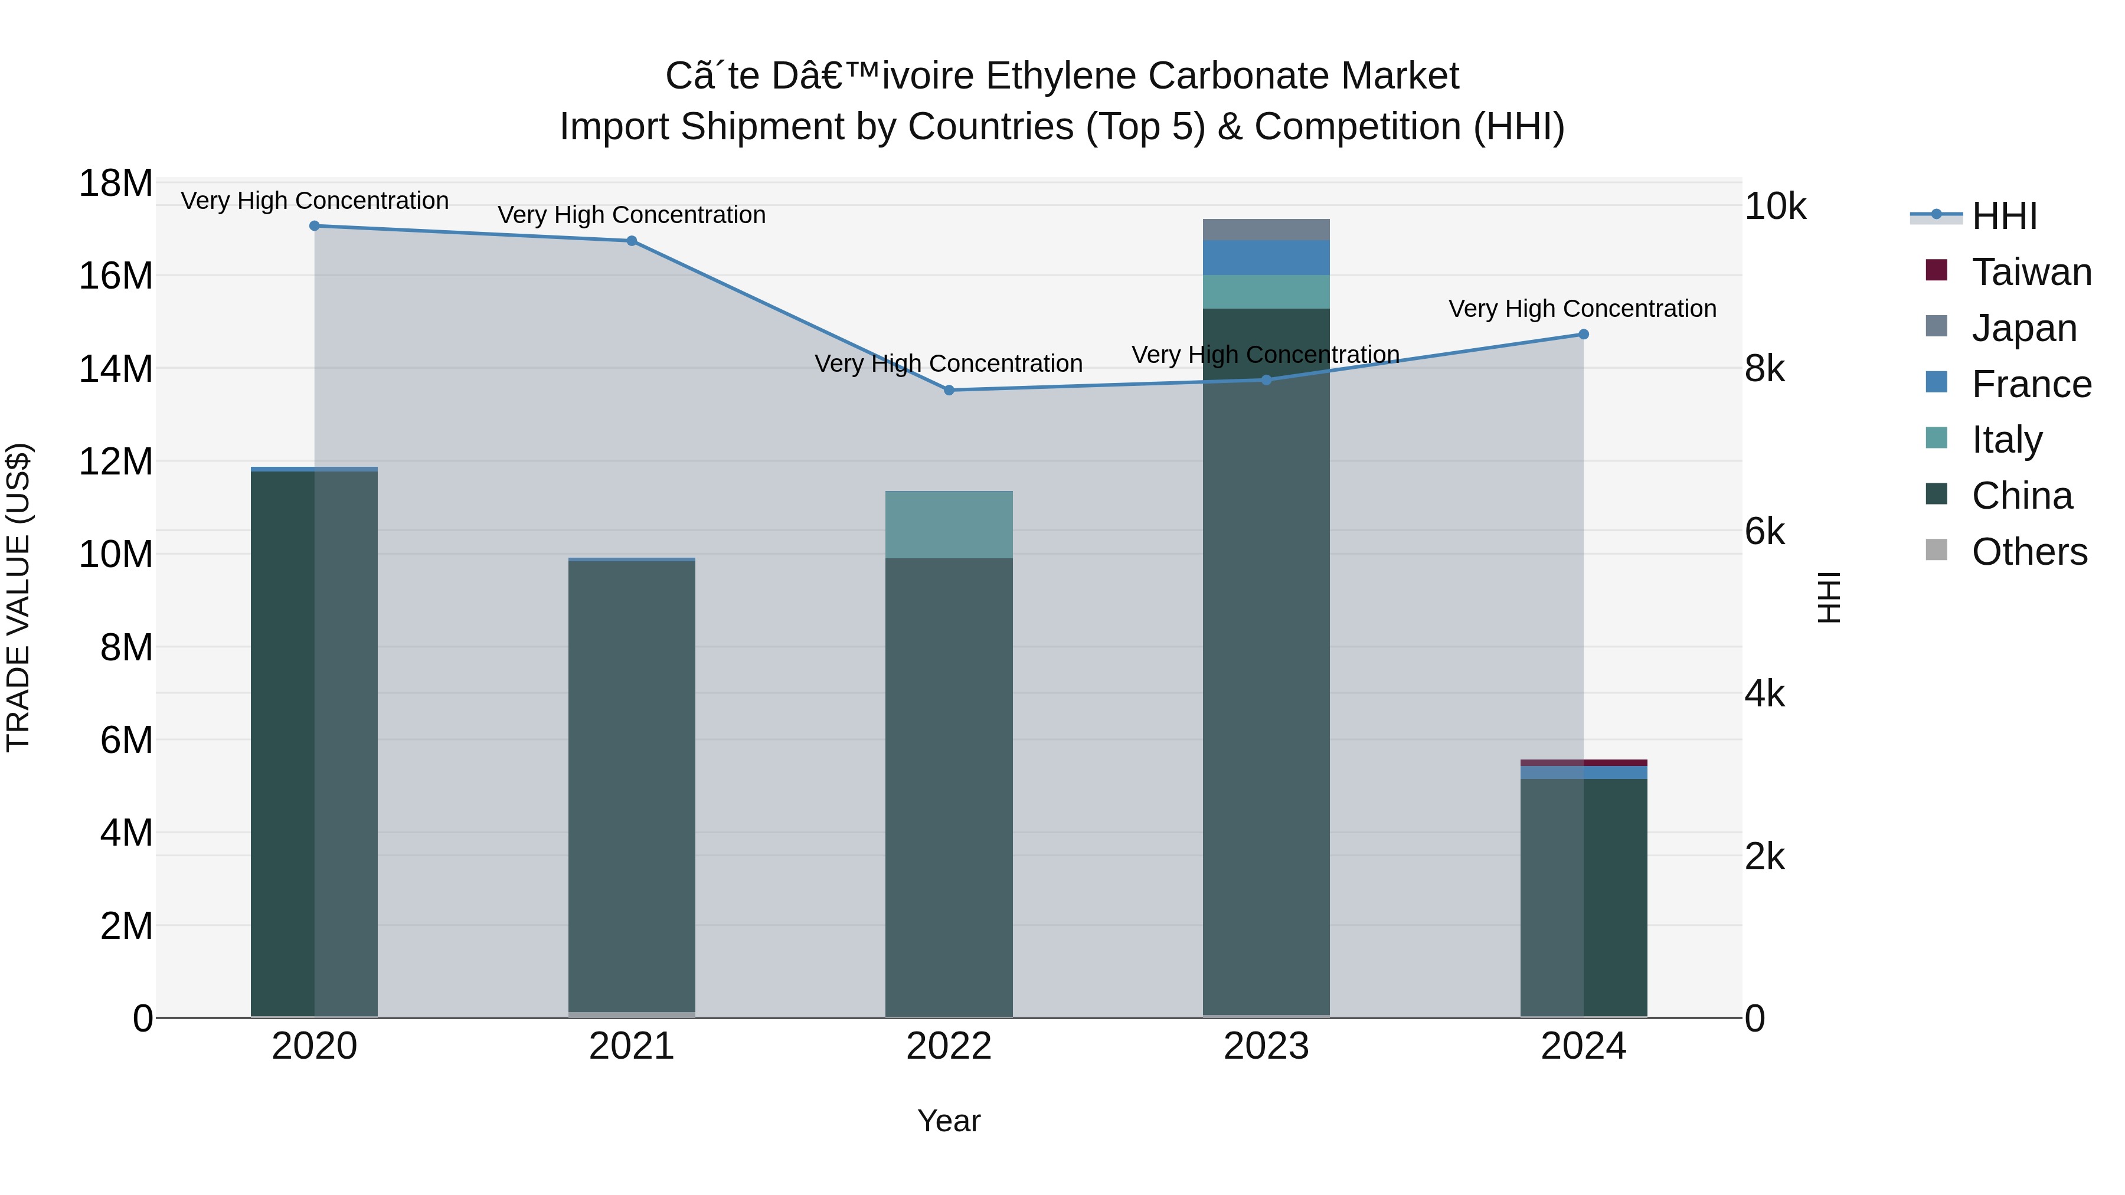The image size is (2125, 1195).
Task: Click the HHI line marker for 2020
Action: tap(314, 226)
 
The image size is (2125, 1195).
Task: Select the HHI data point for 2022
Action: tap(949, 390)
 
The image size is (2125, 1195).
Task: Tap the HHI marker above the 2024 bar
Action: tap(1583, 334)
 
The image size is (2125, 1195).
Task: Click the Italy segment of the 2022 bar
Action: tap(949, 525)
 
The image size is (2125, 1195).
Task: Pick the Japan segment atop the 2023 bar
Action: tap(1266, 230)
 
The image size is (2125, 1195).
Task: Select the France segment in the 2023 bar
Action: tap(1266, 257)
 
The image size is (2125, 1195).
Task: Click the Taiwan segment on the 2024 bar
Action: tap(1583, 763)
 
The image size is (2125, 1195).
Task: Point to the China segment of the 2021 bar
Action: tap(631, 784)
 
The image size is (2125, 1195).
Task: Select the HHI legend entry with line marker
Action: tap(2004, 216)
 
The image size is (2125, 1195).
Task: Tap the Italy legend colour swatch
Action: tap(1936, 438)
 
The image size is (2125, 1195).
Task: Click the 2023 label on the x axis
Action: tap(1266, 1046)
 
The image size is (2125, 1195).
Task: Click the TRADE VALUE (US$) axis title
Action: tap(18, 597)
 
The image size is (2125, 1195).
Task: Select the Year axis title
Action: tap(949, 1121)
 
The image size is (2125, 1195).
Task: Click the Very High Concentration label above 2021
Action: tap(631, 215)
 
